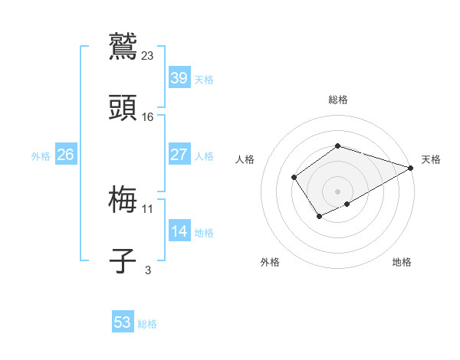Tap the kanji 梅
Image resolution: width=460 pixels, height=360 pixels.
click(123, 199)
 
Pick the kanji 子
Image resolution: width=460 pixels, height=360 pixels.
click(123, 260)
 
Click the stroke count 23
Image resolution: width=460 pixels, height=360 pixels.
click(148, 55)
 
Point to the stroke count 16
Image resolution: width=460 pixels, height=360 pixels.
click(148, 116)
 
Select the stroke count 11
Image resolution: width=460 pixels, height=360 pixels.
click(148, 208)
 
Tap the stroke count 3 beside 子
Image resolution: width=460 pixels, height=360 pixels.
click(148, 270)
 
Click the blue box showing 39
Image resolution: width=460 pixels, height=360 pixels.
click(179, 78)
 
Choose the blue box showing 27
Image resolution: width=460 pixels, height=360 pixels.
click(179, 155)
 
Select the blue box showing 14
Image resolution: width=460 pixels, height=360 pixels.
click(179, 231)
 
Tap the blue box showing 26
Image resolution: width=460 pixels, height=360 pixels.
click(65, 155)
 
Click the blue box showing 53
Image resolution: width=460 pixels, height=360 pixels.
click(123, 322)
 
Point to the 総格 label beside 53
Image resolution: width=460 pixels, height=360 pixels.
click(147, 324)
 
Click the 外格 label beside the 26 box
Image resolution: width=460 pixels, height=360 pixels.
click(41, 156)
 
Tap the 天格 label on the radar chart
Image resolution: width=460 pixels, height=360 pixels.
click(431, 159)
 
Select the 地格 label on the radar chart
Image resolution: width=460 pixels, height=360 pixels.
click(402, 262)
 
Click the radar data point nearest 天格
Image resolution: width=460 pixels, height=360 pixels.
click(411, 169)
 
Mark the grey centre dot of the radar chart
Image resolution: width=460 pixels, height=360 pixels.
click(337, 191)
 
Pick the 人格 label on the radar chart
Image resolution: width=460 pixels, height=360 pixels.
click(245, 159)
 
